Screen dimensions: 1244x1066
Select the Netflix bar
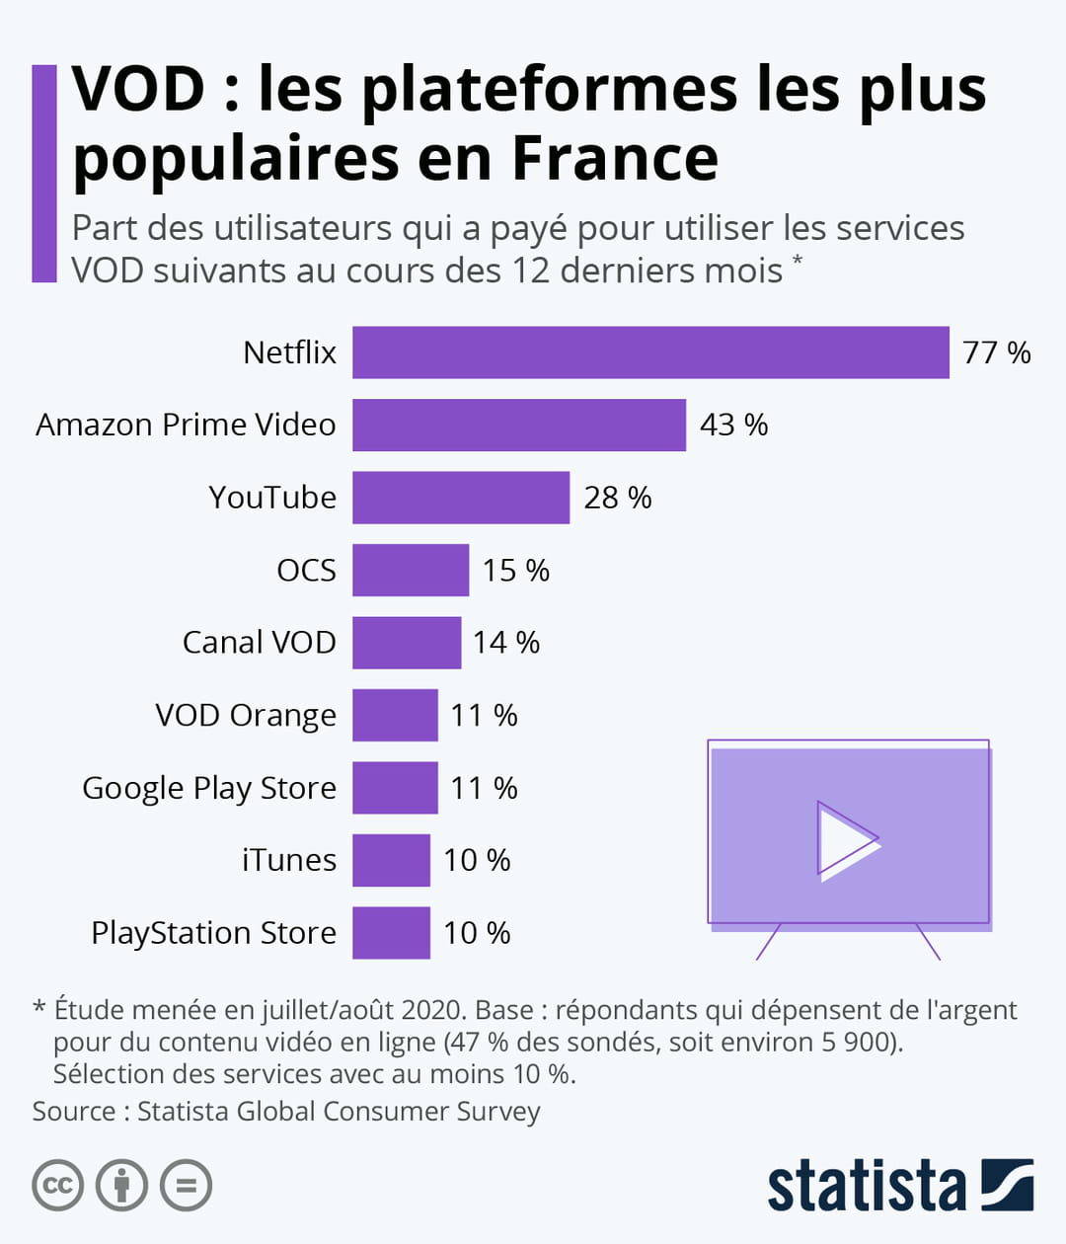coord(650,352)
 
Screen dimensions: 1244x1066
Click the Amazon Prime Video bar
coord(519,425)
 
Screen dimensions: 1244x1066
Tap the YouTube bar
coord(461,498)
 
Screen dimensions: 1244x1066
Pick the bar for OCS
coord(411,570)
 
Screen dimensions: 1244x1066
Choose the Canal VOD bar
coord(407,643)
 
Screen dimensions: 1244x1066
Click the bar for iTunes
coord(391,860)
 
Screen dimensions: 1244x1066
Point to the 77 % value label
coord(996,352)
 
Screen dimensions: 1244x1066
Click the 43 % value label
coord(733,425)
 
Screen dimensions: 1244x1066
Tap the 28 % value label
coord(617,498)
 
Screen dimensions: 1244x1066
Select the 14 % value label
coord(505,643)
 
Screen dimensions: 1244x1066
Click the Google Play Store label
coord(209,788)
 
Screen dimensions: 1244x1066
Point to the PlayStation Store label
coord(213,933)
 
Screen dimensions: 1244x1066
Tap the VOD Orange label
coord(246,715)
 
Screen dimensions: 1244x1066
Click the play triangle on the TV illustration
coord(845,841)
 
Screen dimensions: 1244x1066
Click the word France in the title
coord(615,158)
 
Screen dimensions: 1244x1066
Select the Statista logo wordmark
coord(866,1186)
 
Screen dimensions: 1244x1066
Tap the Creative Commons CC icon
coord(57,1185)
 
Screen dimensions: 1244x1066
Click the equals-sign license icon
coord(187,1185)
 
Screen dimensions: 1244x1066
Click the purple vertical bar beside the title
coord(44,174)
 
